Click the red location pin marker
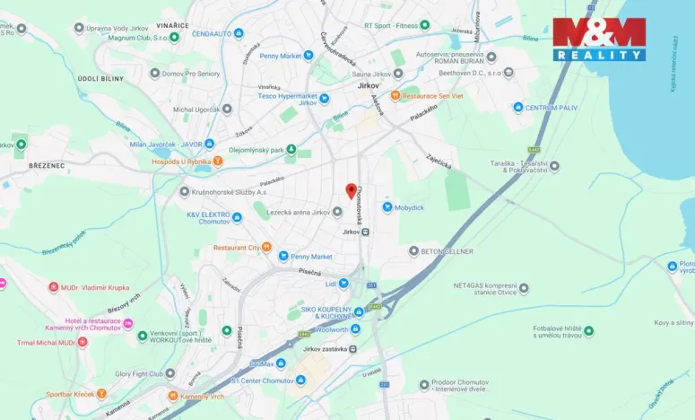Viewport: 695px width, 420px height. [351, 190]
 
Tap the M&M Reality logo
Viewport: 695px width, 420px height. [598, 39]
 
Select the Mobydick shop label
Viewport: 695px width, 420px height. [409, 207]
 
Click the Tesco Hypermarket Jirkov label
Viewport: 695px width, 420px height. [288, 99]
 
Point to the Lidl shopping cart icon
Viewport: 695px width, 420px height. [343, 284]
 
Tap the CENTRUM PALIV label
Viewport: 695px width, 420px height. [548, 108]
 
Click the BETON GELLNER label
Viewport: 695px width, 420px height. [447, 251]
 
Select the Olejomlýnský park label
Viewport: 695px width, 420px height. [256, 150]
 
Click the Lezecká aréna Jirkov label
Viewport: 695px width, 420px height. [296, 212]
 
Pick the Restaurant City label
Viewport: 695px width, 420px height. [236, 248]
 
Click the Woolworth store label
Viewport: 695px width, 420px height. [329, 329]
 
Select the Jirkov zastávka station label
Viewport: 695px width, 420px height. [325, 349]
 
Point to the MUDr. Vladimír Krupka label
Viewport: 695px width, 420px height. [95, 288]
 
